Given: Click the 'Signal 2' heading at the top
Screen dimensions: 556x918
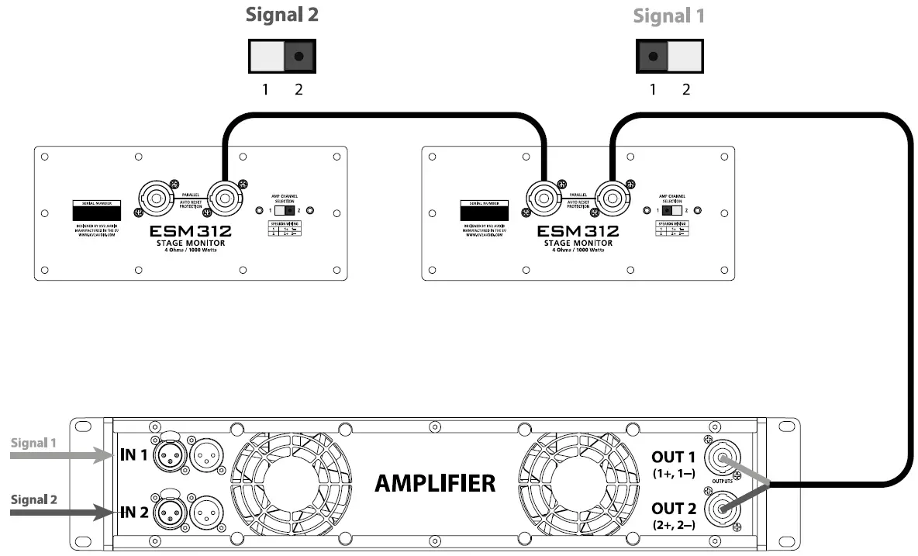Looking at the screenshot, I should click(281, 15).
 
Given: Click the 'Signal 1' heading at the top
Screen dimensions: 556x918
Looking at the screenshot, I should click(668, 16).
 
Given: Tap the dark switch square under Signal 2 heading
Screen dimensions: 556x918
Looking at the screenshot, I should click(299, 56).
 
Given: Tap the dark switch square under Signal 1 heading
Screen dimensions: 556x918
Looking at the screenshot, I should click(652, 56).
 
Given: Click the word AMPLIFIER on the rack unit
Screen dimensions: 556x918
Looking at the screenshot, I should click(435, 484).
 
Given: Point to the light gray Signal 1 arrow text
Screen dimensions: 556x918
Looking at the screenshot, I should click(34, 444).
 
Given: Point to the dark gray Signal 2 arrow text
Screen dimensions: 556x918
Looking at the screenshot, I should click(34, 499).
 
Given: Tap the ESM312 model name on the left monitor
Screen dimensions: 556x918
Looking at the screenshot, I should click(191, 230).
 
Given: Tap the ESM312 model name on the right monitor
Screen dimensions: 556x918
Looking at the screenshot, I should click(578, 230).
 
